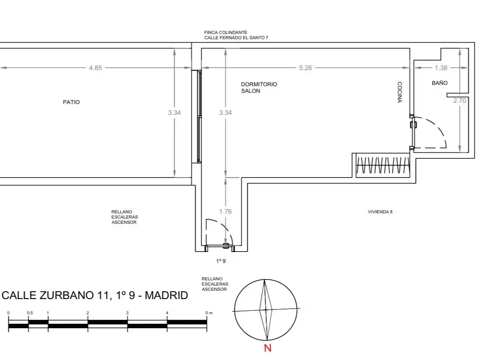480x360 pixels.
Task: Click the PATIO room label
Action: (x=71, y=102)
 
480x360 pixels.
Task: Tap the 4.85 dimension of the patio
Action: (x=95, y=68)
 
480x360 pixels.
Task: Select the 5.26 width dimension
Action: (x=305, y=68)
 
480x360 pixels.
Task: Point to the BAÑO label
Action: (x=439, y=83)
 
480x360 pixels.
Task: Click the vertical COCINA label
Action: (x=399, y=92)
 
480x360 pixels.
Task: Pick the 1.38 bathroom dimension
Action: (x=441, y=68)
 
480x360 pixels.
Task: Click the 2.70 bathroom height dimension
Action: (x=460, y=100)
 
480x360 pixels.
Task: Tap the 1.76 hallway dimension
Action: (x=225, y=212)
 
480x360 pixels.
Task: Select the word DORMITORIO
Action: (x=259, y=84)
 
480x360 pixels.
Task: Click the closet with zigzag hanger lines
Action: (x=383, y=165)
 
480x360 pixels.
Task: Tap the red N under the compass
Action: (x=267, y=348)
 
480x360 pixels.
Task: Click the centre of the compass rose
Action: (x=266, y=310)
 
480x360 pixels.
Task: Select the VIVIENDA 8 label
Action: (x=380, y=212)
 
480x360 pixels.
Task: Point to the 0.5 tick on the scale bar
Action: (x=30, y=313)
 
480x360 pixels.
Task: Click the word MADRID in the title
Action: (x=166, y=296)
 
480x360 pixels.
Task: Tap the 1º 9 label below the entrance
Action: (x=221, y=261)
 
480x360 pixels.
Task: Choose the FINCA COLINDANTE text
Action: (x=226, y=32)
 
